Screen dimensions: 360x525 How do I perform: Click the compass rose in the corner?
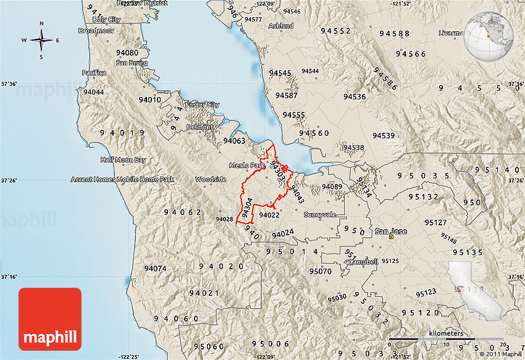(42, 41)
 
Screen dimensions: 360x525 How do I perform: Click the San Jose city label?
(391, 232)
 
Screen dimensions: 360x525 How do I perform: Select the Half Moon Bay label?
(124, 160)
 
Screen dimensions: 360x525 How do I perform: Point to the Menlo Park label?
(246, 166)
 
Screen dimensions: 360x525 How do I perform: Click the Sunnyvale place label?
(319, 214)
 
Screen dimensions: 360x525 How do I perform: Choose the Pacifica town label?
(94, 73)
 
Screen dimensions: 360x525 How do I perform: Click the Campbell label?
(363, 262)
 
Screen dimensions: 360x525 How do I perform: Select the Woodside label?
(211, 179)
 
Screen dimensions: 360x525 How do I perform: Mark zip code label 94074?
(155, 269)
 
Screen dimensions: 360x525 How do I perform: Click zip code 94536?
(355, 97)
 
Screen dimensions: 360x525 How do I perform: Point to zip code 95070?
(321, 271)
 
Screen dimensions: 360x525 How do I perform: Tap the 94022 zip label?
(269, 216)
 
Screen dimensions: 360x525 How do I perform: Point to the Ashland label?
(281, 26)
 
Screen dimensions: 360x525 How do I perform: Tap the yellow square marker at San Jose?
(392, 237)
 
